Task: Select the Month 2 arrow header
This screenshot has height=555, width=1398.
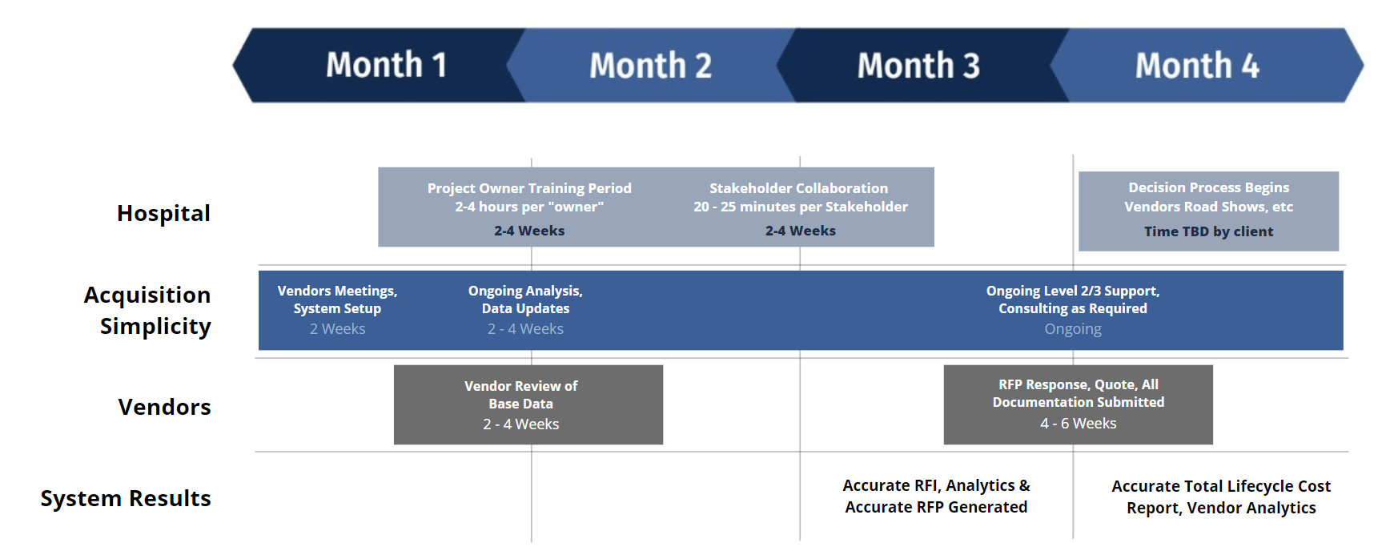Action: [651, 65]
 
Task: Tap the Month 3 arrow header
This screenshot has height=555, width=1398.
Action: [919, 65]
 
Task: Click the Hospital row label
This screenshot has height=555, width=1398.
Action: [163, 213]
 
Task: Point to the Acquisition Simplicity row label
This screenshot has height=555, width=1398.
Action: [147, 311]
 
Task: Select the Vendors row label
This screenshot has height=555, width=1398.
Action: [164, 407]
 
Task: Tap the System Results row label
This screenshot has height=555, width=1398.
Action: [126, 498]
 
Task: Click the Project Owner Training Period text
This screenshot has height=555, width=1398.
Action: [529, 188]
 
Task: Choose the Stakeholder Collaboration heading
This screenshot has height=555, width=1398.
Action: [798, 188]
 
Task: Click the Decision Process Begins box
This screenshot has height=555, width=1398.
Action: [1208, 211]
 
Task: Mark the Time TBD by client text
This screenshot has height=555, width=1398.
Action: [1208, 231]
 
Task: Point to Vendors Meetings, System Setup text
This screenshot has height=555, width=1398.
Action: [337, 300]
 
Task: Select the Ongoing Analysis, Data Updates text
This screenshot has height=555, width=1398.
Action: [525, 300]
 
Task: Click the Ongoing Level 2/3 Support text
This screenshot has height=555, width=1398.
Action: [1073, 291]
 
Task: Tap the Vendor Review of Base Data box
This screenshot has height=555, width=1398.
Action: [528, 404]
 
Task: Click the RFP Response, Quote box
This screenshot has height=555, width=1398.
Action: [1078, 404]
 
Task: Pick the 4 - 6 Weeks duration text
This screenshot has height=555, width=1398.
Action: [1078, 424]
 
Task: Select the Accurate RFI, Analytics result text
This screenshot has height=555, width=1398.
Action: [936, 497]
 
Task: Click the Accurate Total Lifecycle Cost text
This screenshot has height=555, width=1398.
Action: [1221, 497]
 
